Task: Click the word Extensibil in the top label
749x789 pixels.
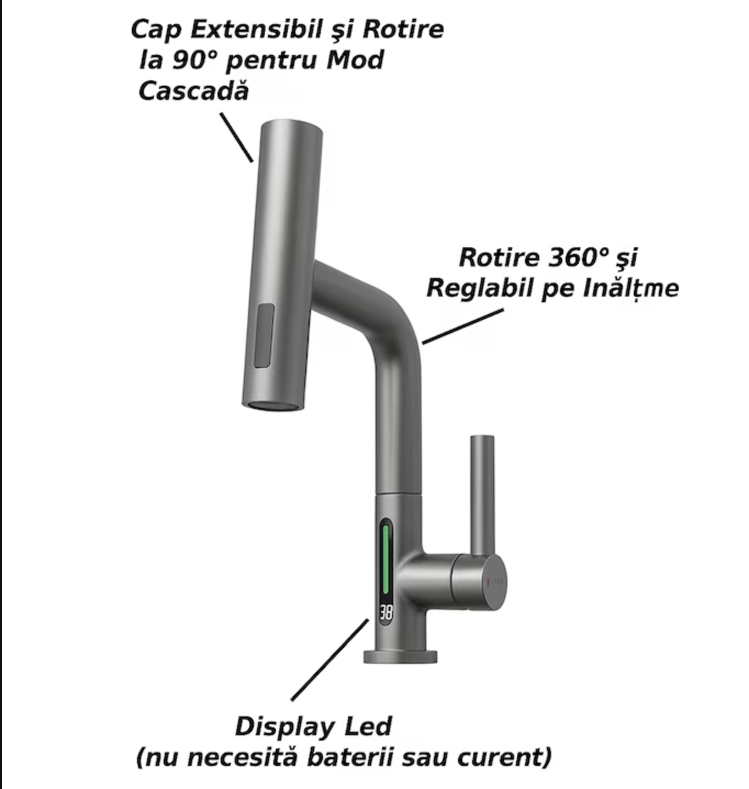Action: pyautogui.click(x=256, y=30)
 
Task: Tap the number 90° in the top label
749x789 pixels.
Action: pyautogui.click(x=194, y=60)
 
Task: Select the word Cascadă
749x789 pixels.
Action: pyautogui.click(x=194, y=91)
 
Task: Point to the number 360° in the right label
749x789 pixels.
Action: pyautogui.click(x=577, y=258)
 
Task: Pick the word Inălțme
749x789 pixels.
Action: pyautogui.click(x=630, y=288)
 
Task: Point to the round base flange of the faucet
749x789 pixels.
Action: pyautogui.click(x=400, y=657)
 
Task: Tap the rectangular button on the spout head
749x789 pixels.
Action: pyautogui.click(x=264, y=336)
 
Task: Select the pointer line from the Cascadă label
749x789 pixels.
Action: pyautogui.click(x=237, y=137)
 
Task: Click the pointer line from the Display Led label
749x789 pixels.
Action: pyautogui.click(x=330, y=660)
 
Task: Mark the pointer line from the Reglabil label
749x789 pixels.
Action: pyautogui.click(x=463, y=326)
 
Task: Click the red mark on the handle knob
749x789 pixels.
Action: pyautogui.click(x=488, y=582)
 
